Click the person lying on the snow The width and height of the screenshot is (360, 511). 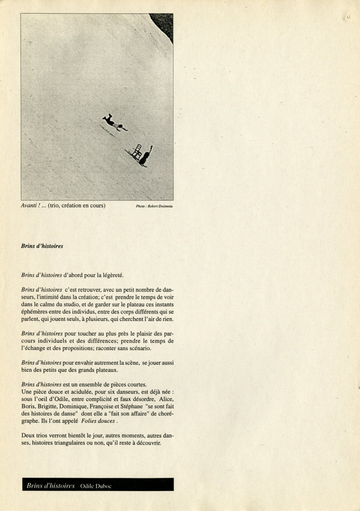tap(114, 123)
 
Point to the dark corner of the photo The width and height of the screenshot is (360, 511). tap(164, 23)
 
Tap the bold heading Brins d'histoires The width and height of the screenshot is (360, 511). tap(42, 246)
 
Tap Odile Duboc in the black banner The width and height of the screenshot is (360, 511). tap(95, 486)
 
